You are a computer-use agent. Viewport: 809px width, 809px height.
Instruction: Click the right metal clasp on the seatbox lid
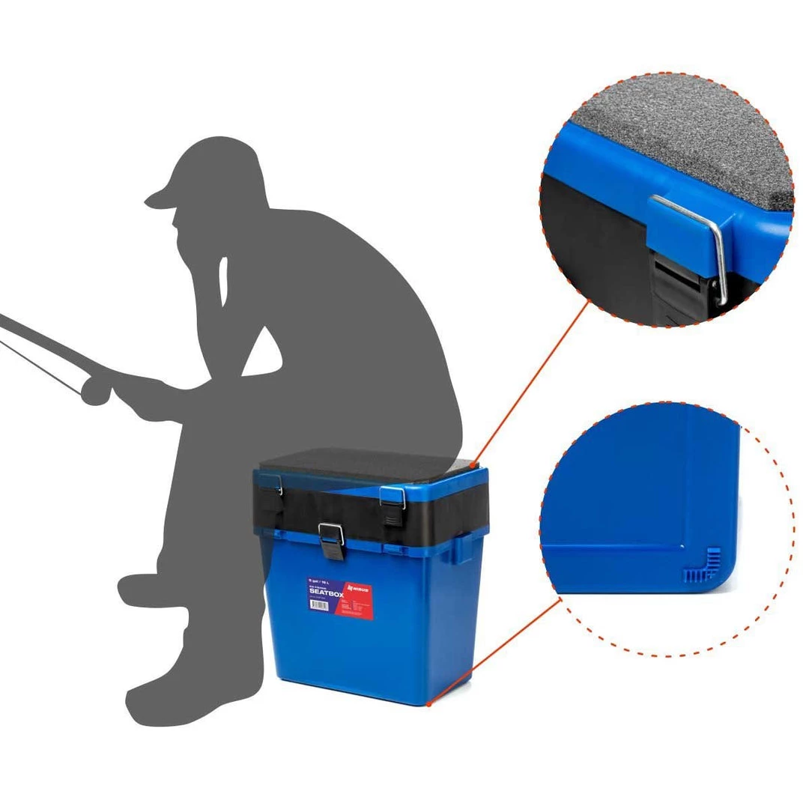coord(392,497)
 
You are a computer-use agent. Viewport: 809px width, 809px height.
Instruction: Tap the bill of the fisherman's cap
coord(158,199)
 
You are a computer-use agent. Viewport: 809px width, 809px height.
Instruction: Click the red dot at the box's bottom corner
coord(429,703)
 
